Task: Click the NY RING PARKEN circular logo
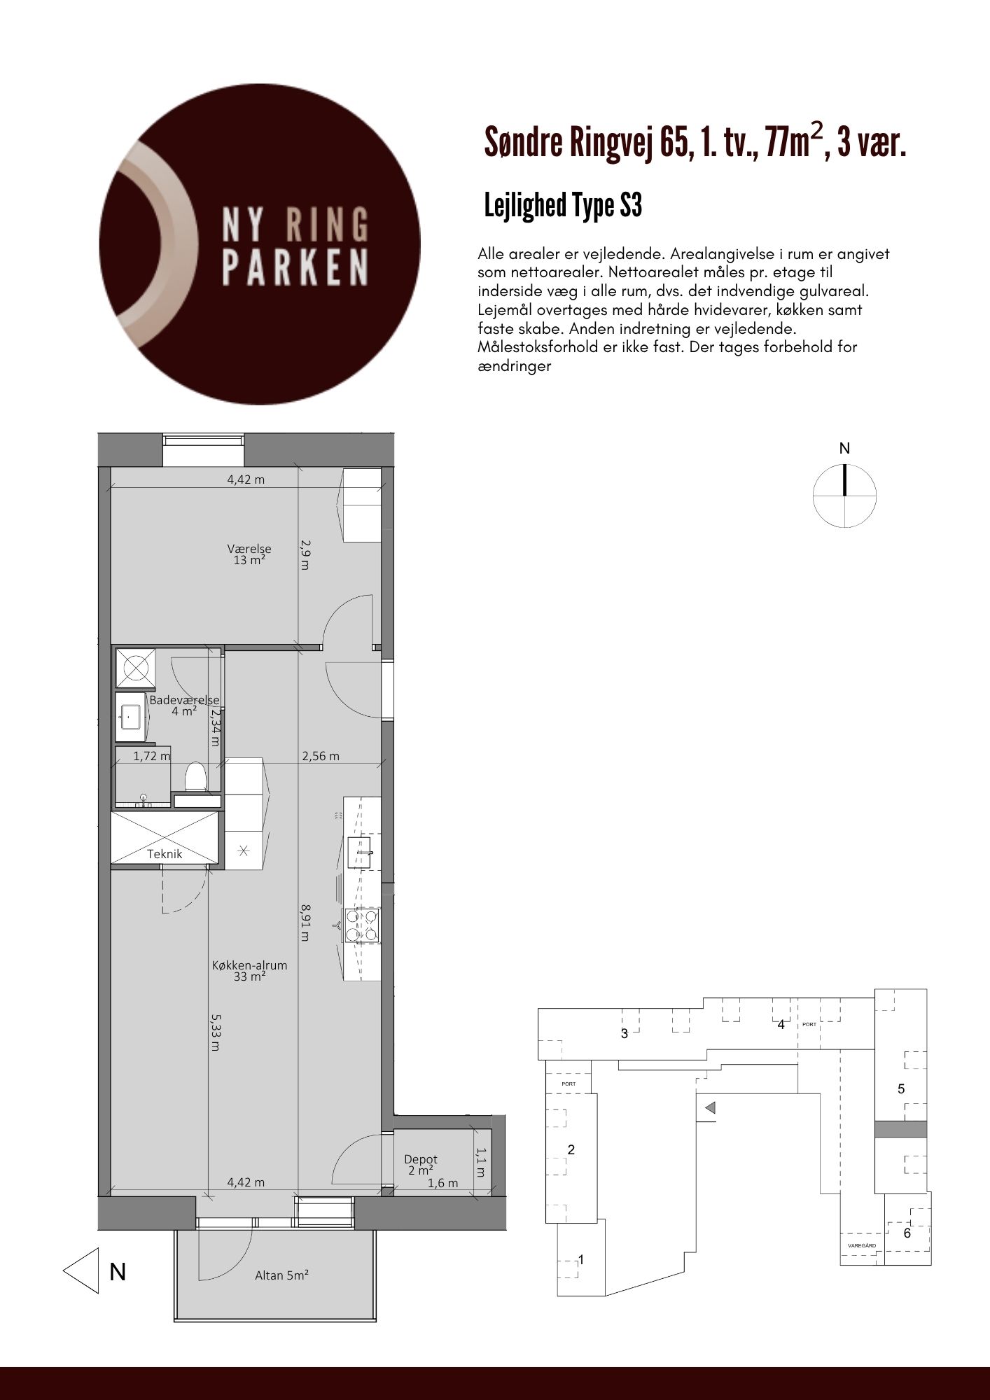[x=260, y=244]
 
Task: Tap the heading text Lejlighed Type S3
[x=563, y=206]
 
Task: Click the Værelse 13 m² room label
[x=249, y=554]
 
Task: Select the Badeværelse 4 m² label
[x=184, y=706]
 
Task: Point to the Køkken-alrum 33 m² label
[x=250, y=971]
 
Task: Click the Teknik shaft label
[x=165, y=854]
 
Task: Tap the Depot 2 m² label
[x=421, y=1165]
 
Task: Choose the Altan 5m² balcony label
[x=282, y=1275]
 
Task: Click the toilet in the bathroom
[x=195, y=776]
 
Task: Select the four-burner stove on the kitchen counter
[x=362, y=925]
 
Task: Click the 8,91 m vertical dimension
[x=305, y=922]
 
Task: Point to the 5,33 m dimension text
[x=215, y=1033]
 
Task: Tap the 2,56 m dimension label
[x=321, y=756]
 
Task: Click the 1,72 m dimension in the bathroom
[x=152, y=756]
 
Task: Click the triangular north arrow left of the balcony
[x=81, y=1270]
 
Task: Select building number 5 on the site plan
[x=901, y=1089]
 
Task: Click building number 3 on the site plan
[x=625, y=1033]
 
